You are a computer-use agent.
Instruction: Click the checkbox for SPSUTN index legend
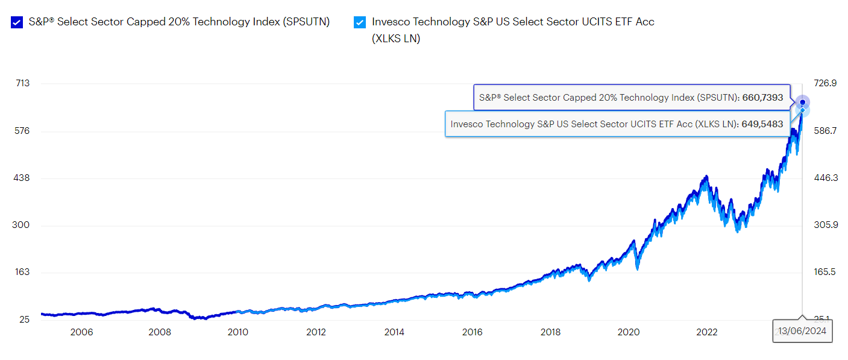pyautogui.click(x=17, y=22)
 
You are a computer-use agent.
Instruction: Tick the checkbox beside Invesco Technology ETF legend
pyautogui.click(x=360, y=22)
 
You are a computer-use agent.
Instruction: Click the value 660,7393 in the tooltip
pyautogui.click(x=762, y=97)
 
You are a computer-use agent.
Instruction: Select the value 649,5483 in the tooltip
pyautogui.click(x=762, y=124)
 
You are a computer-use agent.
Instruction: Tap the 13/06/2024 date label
pyautogui.click(x=802, y=331)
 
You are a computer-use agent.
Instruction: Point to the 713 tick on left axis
pyautogui.click(x=22, y=83)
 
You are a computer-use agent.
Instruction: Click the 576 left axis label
pyautogui.click(x=22, y=131)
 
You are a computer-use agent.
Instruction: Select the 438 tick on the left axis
pyautogui.click(x=22, y=178)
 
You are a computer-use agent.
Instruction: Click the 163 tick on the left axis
pyautogui.click(x=22, y=272)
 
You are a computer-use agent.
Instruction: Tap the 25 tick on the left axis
pyautogui.click(x=24, y=319)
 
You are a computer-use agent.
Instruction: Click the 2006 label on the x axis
pyautogui.click(x=81, y=332)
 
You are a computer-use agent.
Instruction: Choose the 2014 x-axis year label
pyautogui.click(x=394, y=332)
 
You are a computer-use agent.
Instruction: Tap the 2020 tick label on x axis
pyautogui.click(x=629, y=332)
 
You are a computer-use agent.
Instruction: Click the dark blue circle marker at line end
pyautogui.click(x=802, y=103)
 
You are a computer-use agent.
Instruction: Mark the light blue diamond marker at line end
pyautogui.click(x=802, y=110)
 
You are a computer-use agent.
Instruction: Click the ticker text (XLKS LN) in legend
pyautogui.click(x=396, y=39)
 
